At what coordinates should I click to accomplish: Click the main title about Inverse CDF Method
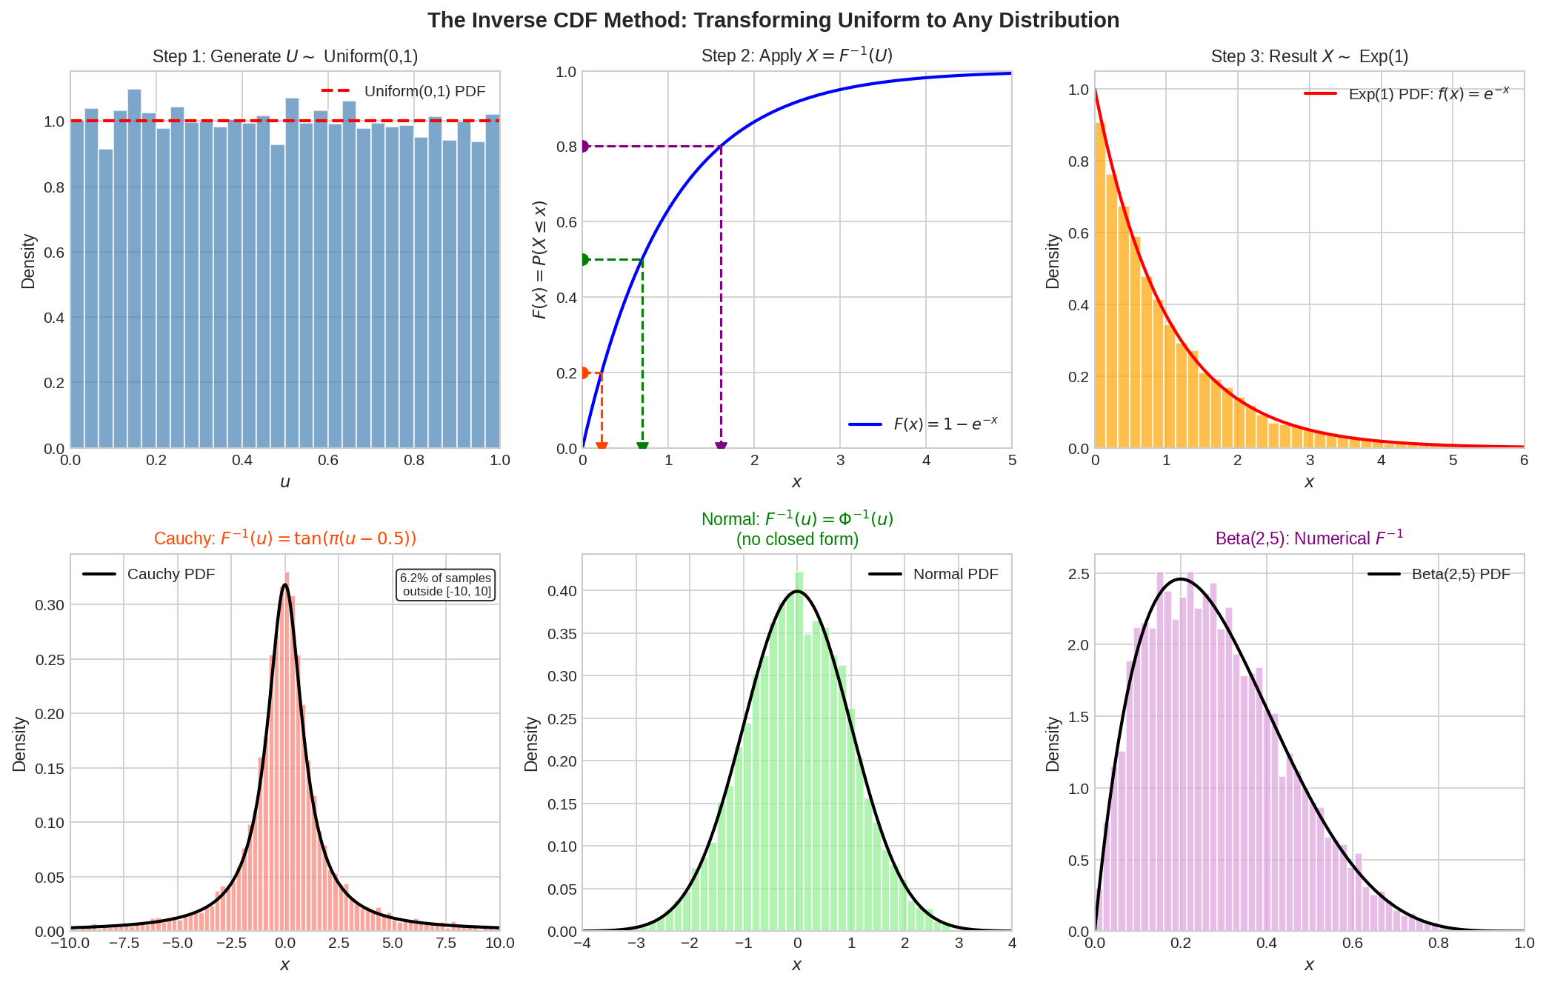pyautogui.click(x=773, y=20)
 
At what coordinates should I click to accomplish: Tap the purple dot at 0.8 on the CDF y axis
pyautogui.click(x=584, y=147)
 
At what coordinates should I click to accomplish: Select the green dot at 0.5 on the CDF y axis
pyautogui.click(x=584, y=260)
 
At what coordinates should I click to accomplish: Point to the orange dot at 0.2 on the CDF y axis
pyautogui.click(x=584, y=373)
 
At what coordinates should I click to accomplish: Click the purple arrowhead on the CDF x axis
pyautogui.click(x=721, y=447)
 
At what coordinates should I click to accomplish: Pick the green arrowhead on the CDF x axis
pyautogui.click(x=642, y=447)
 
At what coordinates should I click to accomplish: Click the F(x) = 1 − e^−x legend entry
pyautogui.click(x=923, y=424)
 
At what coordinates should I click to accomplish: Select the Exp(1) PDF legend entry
pyautogui.click(x=1406, y=94)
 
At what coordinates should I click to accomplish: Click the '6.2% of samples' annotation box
pyautogui.click(x=445, y=584)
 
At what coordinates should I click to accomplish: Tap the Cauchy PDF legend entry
pyautogui.click(x=149, y=574)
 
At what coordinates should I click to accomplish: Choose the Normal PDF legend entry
pyautogui.click(x=933, y=574)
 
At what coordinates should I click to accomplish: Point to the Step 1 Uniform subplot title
pyautogui.click(x=285, y=56)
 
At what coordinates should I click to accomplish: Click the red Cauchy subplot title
pyautogui.click(x=285, y=538)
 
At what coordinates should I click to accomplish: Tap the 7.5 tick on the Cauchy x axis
pyautogui.click(x=446, y=944)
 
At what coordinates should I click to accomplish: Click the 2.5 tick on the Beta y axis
pyautogui.click(x=1079, y=574)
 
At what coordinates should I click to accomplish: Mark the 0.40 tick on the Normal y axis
pyautogui.click(x=562, y=591)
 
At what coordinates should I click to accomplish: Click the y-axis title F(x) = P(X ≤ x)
pyautogui.click(x=540, y=260)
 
